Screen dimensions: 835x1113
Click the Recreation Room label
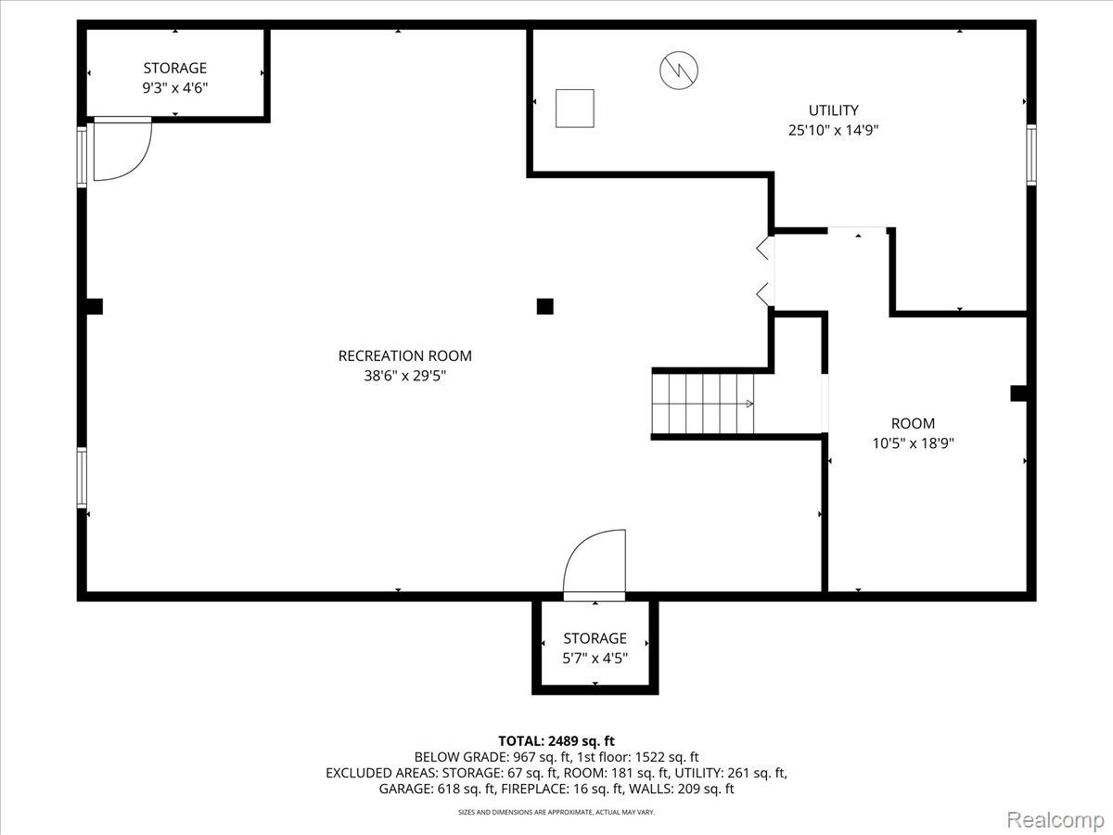point(404,355)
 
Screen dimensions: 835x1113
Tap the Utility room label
point(833,110)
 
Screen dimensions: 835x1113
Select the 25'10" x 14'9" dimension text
point(833,131)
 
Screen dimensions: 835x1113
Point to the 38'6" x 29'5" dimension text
point(404,376)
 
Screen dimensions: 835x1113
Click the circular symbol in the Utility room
point(679,70)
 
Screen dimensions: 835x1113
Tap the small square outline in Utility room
point(574,108)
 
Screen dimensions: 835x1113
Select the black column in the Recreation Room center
point(545,306)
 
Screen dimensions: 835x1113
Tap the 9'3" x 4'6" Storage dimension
point(174,88)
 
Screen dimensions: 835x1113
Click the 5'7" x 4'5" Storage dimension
point(595,659)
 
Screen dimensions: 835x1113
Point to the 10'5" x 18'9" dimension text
point(914,443)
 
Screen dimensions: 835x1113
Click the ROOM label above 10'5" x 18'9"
point(914,423)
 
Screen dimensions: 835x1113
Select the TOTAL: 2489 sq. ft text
point(556,740)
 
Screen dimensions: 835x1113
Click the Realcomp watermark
point(1055,820)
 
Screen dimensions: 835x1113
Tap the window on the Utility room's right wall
point(1030,155)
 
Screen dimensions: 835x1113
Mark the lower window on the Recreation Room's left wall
point(82,478)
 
